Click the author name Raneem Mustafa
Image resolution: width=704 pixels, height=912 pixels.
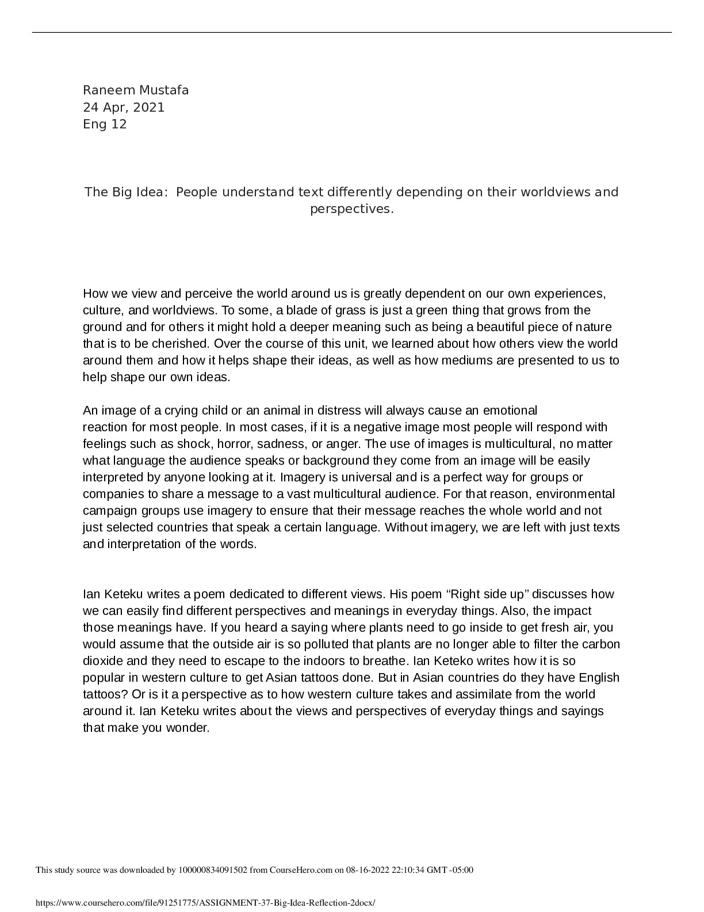136,90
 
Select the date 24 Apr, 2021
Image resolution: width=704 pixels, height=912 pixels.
124,108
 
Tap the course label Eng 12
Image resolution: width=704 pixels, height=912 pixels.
105,124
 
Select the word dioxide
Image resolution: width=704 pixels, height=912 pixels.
103,662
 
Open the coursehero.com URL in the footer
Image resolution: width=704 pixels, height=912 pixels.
205,903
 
